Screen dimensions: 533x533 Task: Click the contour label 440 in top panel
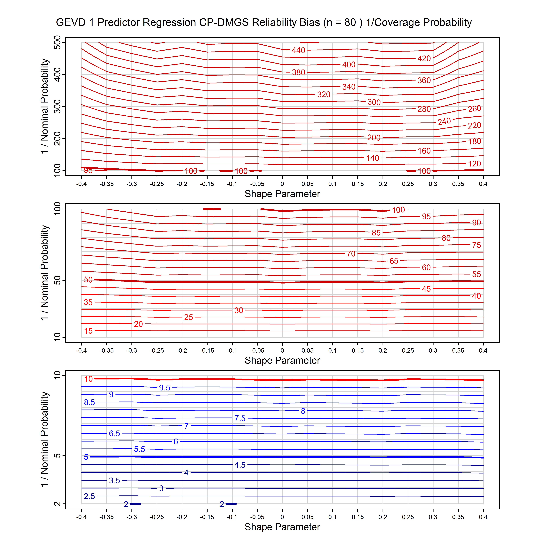click(298, 50)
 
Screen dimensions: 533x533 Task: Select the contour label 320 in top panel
click(324, 95)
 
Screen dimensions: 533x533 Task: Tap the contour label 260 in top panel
click(474, 109)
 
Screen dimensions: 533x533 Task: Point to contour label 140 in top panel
click(373, 158)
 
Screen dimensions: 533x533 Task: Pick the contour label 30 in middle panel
click(239, 310)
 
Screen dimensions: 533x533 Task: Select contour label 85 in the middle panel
click(376, 233)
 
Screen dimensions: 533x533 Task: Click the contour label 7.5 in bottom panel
click(240, 419)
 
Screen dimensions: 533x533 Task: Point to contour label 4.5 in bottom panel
click(240, 465)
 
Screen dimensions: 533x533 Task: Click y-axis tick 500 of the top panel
click(57, 43)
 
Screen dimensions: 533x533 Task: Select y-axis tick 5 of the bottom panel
click(57, 456)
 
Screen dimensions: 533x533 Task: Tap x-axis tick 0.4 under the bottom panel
click(483, 517)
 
